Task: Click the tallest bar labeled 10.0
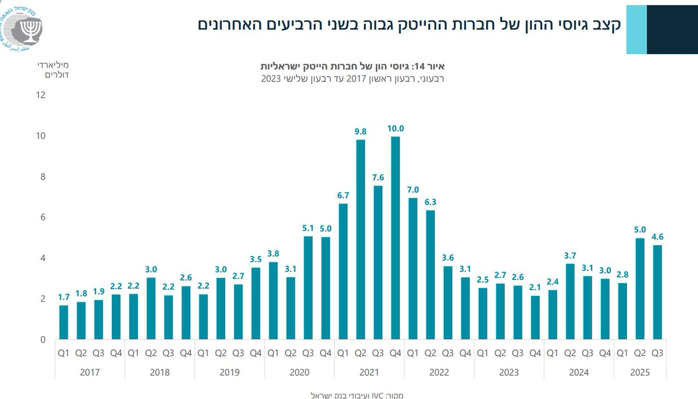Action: click(396, 238)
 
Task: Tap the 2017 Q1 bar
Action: click(63, 322)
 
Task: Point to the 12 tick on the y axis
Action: click(41, 95)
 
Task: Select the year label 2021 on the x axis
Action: click(369, 372)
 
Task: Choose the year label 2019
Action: click(229, 372)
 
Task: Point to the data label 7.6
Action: click(378, 176)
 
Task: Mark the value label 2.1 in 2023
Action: click(535, 286)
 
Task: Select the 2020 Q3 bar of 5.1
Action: click(308, 288)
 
